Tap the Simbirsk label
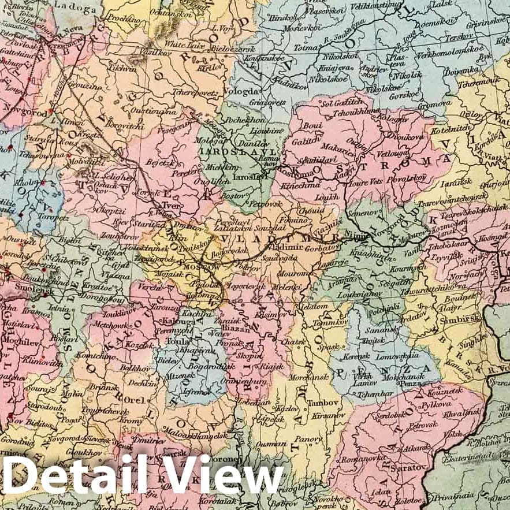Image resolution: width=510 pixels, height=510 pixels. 452,321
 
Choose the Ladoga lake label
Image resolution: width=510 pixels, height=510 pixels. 73,9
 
